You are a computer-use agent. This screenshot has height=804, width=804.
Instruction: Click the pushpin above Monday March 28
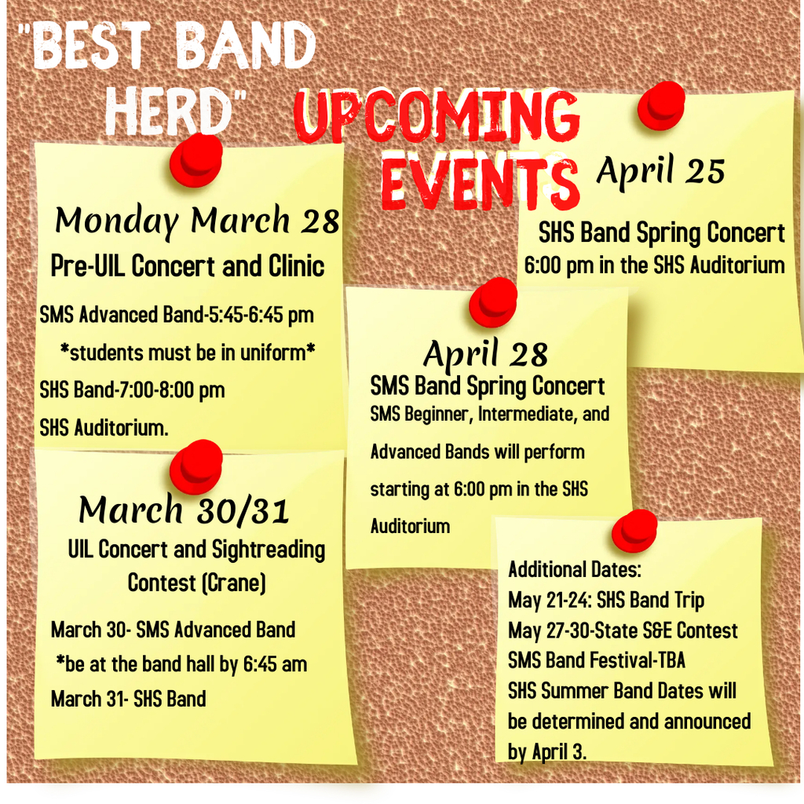tap(196, 160)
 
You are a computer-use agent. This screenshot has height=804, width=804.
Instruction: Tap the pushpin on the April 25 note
tap(661, 107)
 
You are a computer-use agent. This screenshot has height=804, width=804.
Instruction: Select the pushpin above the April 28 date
tap(493, 302)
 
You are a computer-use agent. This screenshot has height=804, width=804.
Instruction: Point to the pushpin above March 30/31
tap(196, 466)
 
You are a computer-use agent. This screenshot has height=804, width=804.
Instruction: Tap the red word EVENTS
tap(481, 181)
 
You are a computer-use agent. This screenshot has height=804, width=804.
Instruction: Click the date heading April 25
tap(660, 170)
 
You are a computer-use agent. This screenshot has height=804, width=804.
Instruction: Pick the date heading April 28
tap(485, 354)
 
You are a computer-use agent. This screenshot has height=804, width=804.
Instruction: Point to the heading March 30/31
tap(184, 510)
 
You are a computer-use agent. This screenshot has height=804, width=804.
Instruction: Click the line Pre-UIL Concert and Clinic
tap(187, 267)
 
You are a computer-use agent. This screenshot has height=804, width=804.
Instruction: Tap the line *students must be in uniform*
tap(188, 353)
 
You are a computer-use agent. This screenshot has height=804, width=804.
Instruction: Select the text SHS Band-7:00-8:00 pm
tap(132, 390)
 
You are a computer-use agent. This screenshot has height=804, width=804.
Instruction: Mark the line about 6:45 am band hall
tap(181, 664)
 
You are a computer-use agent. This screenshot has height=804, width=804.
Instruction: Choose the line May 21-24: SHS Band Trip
tap(606, 601)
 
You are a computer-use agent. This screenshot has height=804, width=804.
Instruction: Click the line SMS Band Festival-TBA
tap(597, 660)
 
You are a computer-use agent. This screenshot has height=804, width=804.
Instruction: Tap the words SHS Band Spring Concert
tap(661, 233)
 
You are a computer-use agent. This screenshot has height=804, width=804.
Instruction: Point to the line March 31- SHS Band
tap(128, 699)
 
